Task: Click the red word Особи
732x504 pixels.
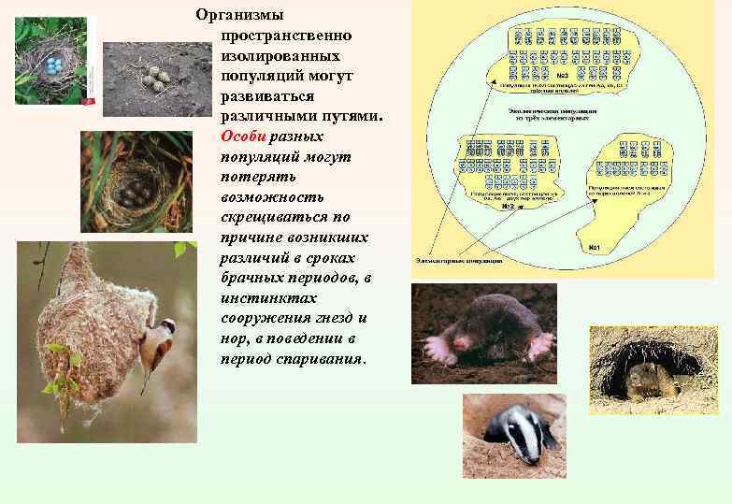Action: pos(244,136)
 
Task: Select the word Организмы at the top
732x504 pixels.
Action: pos(240,15)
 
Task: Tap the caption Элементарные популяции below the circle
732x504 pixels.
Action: pos(458,261)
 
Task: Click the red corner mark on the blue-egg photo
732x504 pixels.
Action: pos(89,100)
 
